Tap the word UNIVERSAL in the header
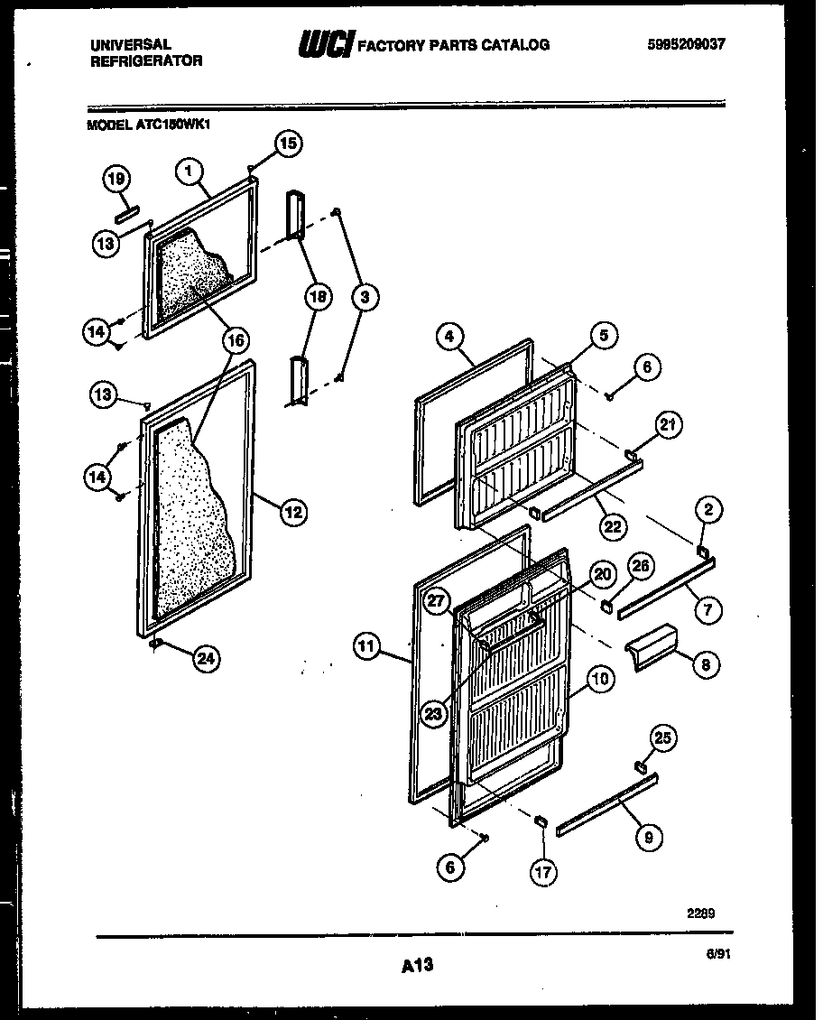tap(131, 44)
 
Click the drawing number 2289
tap(700, 913)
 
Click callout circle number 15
tap(288, 143)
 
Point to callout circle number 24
tap(207, 659)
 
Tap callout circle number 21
tap(670, 425)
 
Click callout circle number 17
tap(544, 872)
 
